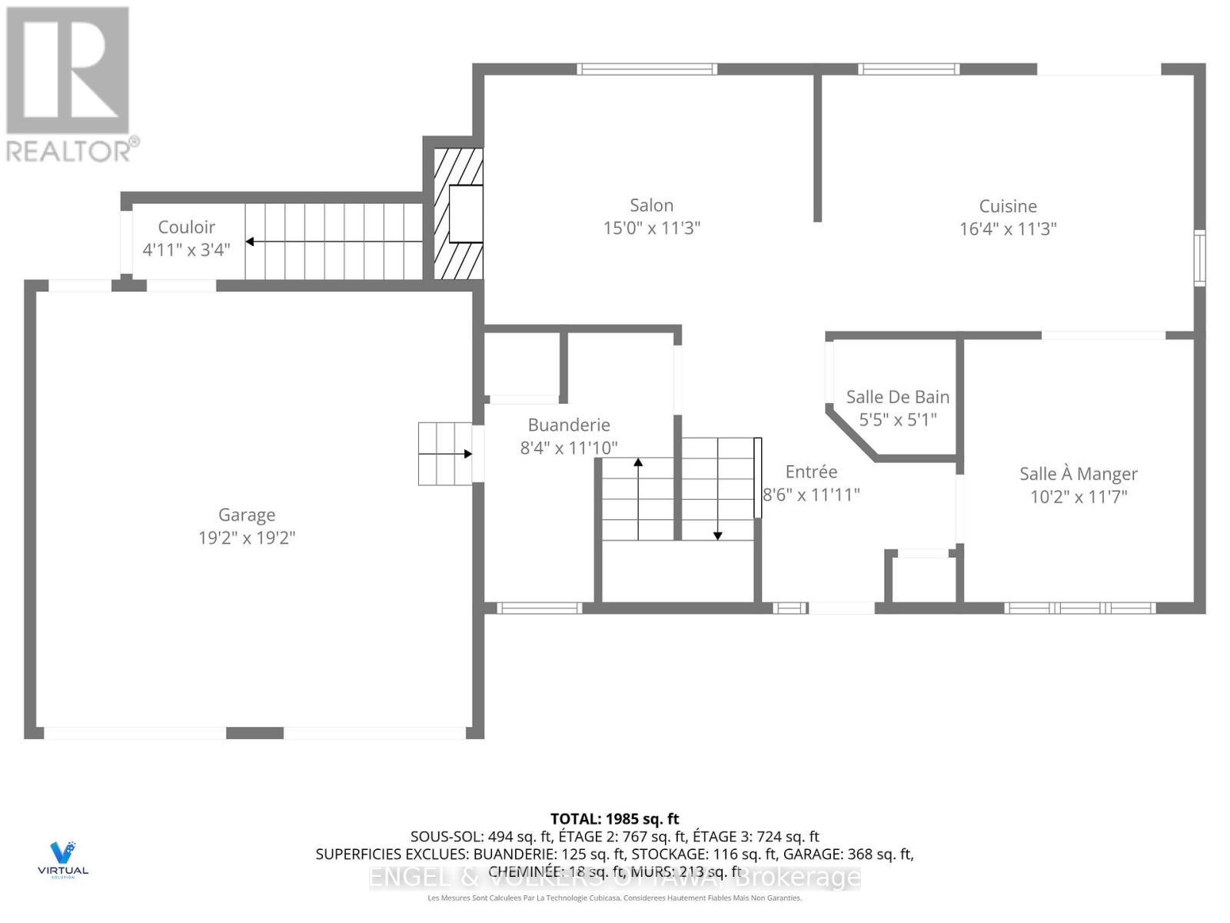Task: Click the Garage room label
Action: pyautogui.click(x=247, y=515)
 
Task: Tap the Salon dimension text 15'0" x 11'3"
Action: pyautogui.click(x=651, y=228)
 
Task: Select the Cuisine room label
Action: pyautogui.click(x=1008, y=206)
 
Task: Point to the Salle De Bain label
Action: pyautogui.click(x=897, y=397)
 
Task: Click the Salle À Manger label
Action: pyautogui.click(x=1078, y=474)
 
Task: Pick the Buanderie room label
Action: pyautogui.click(x=569, y=425)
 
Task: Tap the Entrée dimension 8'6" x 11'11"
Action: pyautogui.click(x=811, y=495)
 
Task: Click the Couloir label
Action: pyautogui.click(x=186, y=227)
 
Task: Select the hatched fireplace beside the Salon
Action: pyautogui.click(x=458, y=214)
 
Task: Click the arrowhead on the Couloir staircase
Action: pyautogui.click(x=250, y=242)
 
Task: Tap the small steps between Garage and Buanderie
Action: pyautogui.click(x=444, y=454)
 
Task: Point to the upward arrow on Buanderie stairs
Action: pyautogui.click(x=638, y=462)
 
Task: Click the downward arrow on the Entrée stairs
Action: pyautogui.click(x=717, y=535)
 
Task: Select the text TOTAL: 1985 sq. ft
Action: pyautogui.click(x=614, y=819)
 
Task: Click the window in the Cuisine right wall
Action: pyautogui.click(x=1198, y=258)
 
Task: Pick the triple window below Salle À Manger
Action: pyautogui.click(x=1079, y=608)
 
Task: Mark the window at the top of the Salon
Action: pyautogui.click(x=647, y=69)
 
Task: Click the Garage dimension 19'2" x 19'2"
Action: pyautogui.click(x=247, y=538)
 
